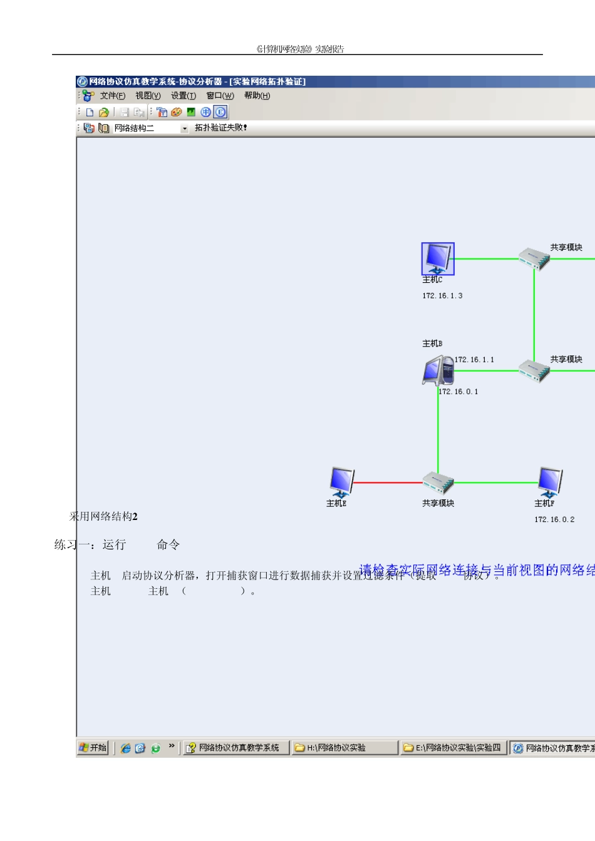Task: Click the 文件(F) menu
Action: point(112,96)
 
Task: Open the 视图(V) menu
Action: point(148,96)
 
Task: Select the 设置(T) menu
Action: point(184,96)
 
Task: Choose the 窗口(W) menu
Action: point(220,96)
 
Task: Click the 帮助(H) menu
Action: point(257,96)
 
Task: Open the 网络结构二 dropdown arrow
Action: point(184,128)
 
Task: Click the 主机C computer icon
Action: point(437,258)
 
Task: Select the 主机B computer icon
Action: point(438,370)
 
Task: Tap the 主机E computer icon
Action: point(341,482)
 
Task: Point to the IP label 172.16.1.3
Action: point(442,296)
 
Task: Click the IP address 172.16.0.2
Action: point(554,519)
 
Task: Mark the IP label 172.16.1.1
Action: point(474,360)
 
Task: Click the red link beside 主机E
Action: point(388,482)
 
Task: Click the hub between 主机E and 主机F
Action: point(438,483)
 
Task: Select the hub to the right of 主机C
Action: point(534,258)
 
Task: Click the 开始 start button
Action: point(93,748)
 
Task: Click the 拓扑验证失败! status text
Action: point(220,128)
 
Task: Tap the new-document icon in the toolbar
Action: point(90,113)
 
